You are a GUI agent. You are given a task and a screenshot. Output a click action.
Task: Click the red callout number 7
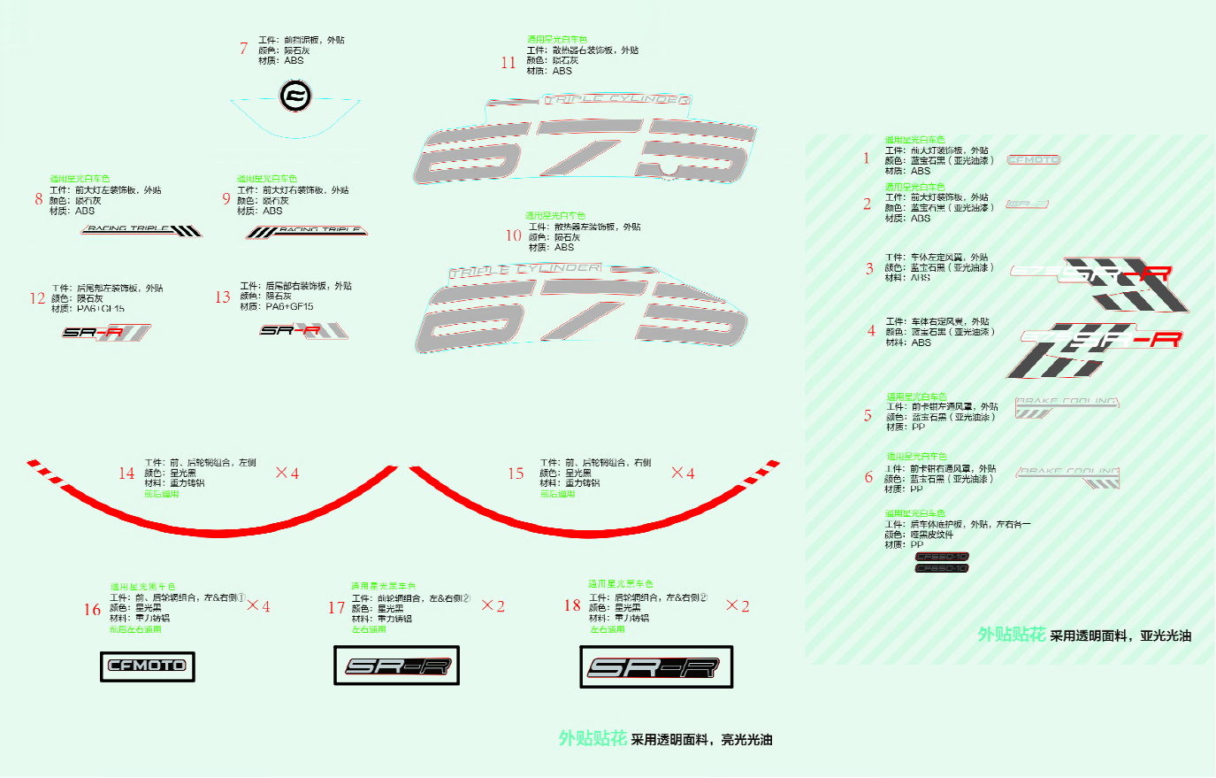(243, 49)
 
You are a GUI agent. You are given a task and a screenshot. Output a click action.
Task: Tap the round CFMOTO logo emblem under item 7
(295, 96)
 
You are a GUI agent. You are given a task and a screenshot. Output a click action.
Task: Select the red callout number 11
(508, 63)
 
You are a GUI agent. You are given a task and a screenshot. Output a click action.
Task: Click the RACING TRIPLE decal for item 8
(142, 230)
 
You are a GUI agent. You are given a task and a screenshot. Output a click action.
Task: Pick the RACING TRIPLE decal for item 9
(307, 231)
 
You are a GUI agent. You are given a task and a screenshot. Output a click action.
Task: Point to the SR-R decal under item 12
(106, 333)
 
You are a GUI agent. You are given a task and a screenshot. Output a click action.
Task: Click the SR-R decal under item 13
(303, 330)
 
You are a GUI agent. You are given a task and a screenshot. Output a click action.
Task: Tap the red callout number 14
(126, 474)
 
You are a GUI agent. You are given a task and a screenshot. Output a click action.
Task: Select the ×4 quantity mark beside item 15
(683, 474)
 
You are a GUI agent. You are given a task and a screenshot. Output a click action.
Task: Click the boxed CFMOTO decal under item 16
(147, 666)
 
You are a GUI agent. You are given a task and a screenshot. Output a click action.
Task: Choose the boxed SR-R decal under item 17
(396, 666)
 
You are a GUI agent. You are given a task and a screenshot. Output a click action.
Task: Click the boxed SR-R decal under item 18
(655, 667)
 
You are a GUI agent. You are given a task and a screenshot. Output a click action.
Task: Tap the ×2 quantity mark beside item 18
(738, 606)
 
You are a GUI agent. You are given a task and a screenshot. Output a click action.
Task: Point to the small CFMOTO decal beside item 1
(1033, 160)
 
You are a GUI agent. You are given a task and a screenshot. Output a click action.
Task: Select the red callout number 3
(869, 269)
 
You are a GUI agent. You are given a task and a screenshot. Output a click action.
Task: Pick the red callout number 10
(514, 235)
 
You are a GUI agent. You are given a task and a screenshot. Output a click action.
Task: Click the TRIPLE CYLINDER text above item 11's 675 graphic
(616, 99)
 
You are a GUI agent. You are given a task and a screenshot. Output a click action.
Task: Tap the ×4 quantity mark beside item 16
(258, 606)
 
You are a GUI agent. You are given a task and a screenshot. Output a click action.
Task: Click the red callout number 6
(868, 477)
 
